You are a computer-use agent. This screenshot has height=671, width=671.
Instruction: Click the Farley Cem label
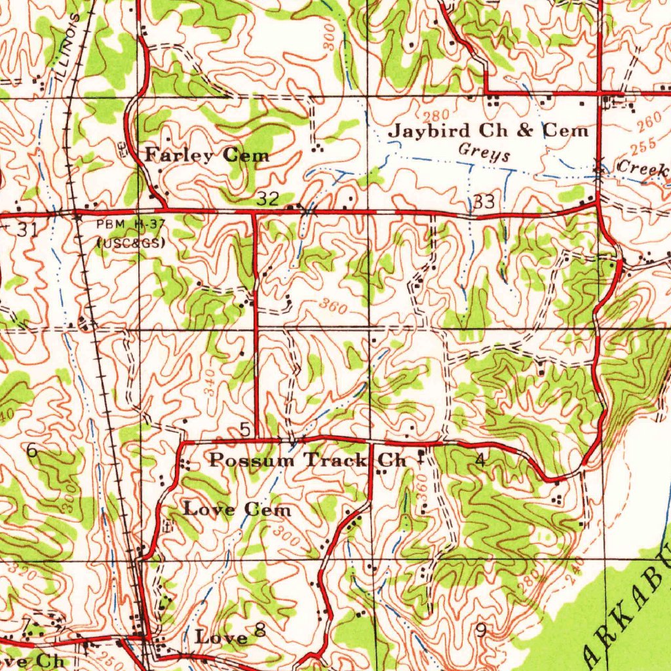click(x=207, y=155)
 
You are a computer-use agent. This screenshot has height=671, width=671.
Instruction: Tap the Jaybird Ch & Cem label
click(x=489, y=130)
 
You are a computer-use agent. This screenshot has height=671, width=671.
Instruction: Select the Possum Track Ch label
click(x=308, y=460)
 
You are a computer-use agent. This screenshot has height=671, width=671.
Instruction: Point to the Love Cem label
click(x=237, y=508)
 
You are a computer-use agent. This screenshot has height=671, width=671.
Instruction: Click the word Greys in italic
click(x=484, y=155)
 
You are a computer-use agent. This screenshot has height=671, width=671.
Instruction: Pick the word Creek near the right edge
click(x=643, y=168)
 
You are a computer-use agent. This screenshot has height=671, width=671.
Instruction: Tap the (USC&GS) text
click(x=130, y=242)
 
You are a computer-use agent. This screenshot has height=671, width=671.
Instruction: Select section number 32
click(x=268, y=199)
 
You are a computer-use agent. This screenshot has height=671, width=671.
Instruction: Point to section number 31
click(x=27, y=229)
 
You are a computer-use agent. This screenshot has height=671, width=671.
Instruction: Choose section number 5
click(x=245, y=430)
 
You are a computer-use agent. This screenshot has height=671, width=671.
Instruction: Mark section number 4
click(x=480, y=461)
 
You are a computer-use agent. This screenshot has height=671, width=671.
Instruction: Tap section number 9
click(x=482, y=630)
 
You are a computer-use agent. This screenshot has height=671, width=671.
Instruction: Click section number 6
click(x=31, y=451)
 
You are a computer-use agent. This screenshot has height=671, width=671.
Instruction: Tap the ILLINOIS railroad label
click(x=69, y=46)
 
